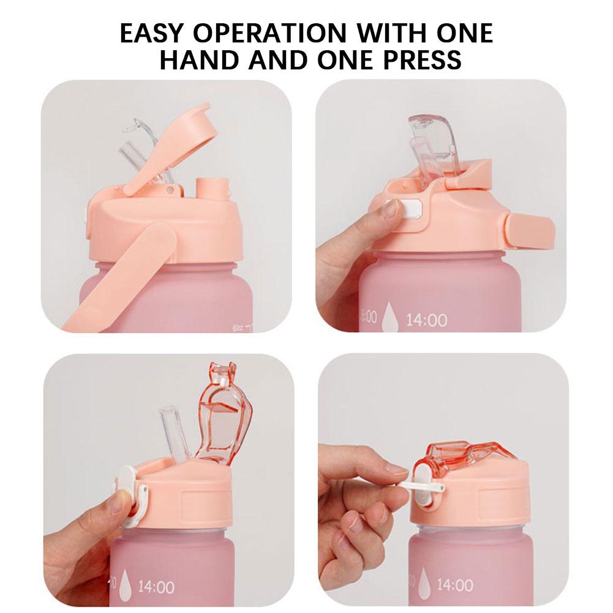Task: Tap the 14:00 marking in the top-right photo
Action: [427, 320]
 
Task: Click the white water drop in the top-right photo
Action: [389, 319]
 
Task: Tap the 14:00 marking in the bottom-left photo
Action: [156, 587]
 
